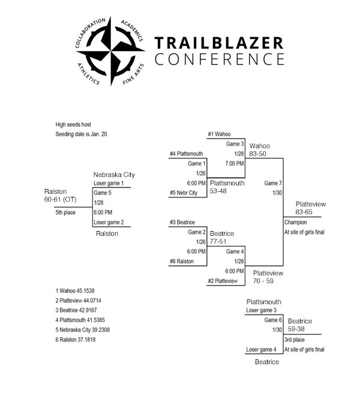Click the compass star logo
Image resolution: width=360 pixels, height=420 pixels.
(110, 51)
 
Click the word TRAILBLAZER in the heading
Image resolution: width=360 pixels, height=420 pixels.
(219, 43)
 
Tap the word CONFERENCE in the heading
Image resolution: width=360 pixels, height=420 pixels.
(220, 59)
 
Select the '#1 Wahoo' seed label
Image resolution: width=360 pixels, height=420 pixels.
(219, 134)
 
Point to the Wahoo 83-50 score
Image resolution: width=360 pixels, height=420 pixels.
(259, 150)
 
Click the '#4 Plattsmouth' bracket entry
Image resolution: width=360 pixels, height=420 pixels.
(186, 154)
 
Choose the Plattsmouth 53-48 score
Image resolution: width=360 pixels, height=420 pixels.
(227, 187)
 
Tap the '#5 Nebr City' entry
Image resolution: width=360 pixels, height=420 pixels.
(184, 193)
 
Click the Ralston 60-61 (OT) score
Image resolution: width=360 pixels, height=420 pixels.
(60, 196)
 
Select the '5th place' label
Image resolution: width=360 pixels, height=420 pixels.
(65, 212)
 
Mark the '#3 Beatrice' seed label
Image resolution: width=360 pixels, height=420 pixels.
(182, 223)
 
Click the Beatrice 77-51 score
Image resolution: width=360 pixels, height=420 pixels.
(222, 238)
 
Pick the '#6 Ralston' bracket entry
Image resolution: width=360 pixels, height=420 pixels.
(182, 262)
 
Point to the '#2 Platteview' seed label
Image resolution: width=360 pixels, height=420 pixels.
(223, 281)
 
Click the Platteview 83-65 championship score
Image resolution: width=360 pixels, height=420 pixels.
(311, 208)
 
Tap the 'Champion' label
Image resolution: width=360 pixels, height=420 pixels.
(295, 223)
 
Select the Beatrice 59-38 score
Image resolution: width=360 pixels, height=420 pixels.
(300, 325)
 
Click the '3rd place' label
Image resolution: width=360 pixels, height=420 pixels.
(295, 340)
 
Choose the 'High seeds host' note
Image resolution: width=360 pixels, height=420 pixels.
(73, 125)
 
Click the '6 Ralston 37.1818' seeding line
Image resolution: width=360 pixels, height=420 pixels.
(76, 340)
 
